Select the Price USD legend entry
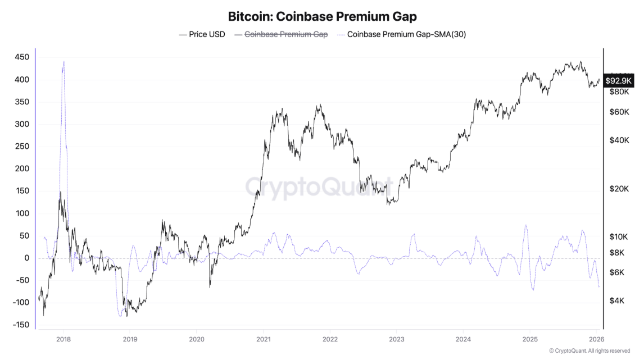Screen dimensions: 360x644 coord(202,34)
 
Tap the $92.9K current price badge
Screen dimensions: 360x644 coord(619,81)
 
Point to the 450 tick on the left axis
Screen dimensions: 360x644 coord(22,57)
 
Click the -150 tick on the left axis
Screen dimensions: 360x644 coord(21,325)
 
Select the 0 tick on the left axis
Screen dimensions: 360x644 coord(26,258)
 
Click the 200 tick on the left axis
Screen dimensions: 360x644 coord(22,169)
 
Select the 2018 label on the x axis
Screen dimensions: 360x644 coord(64,339)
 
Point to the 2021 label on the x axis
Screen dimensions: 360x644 coord(264,339)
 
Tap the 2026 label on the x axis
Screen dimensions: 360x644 coord(596,339)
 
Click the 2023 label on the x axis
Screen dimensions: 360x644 coord(397,339)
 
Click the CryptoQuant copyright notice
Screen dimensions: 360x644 coord(589,351)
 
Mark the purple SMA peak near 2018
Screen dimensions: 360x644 coord(64,62)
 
